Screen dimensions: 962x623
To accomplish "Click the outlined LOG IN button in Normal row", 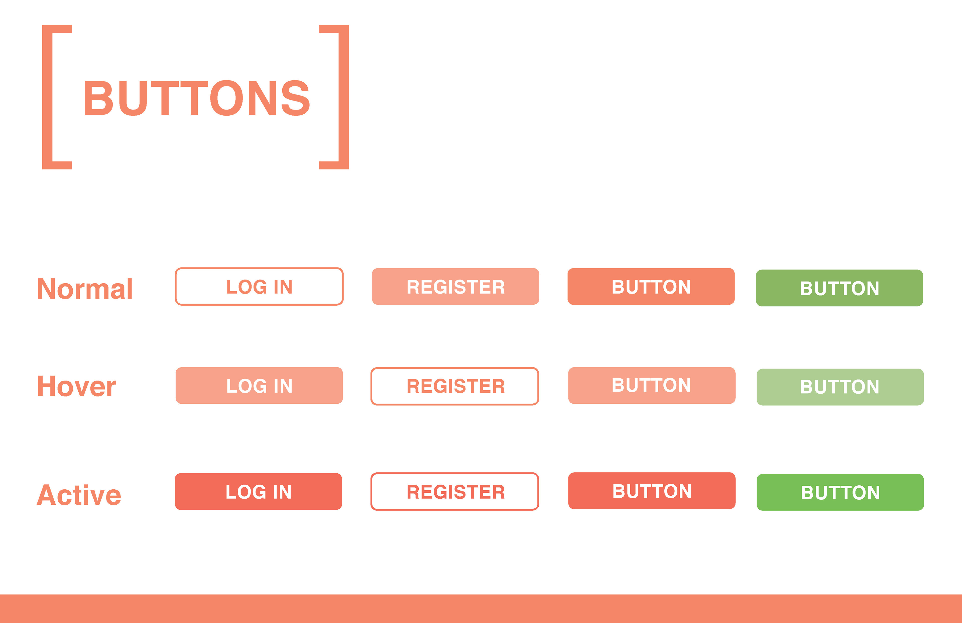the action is point(259,286).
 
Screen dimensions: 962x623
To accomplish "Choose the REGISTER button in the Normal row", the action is point(455,286).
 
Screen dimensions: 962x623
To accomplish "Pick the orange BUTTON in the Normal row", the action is point(651,286).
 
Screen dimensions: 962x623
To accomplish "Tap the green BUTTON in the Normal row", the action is point(839,288).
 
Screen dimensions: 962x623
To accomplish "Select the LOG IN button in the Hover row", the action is point(259,386).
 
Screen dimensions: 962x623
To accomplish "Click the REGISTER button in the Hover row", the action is point(455,386).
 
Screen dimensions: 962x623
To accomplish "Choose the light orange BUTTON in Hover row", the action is point(652,386).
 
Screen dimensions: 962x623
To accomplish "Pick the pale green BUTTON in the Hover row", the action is point(840,387).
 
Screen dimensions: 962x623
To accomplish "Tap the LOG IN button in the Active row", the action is point(258,492).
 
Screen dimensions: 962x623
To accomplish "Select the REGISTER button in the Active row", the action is point(455,492).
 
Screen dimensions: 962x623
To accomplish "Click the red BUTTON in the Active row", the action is point(652,491).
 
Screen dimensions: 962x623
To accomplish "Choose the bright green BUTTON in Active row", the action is point(840,492).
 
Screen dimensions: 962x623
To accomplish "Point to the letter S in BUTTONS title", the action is point(295,98).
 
